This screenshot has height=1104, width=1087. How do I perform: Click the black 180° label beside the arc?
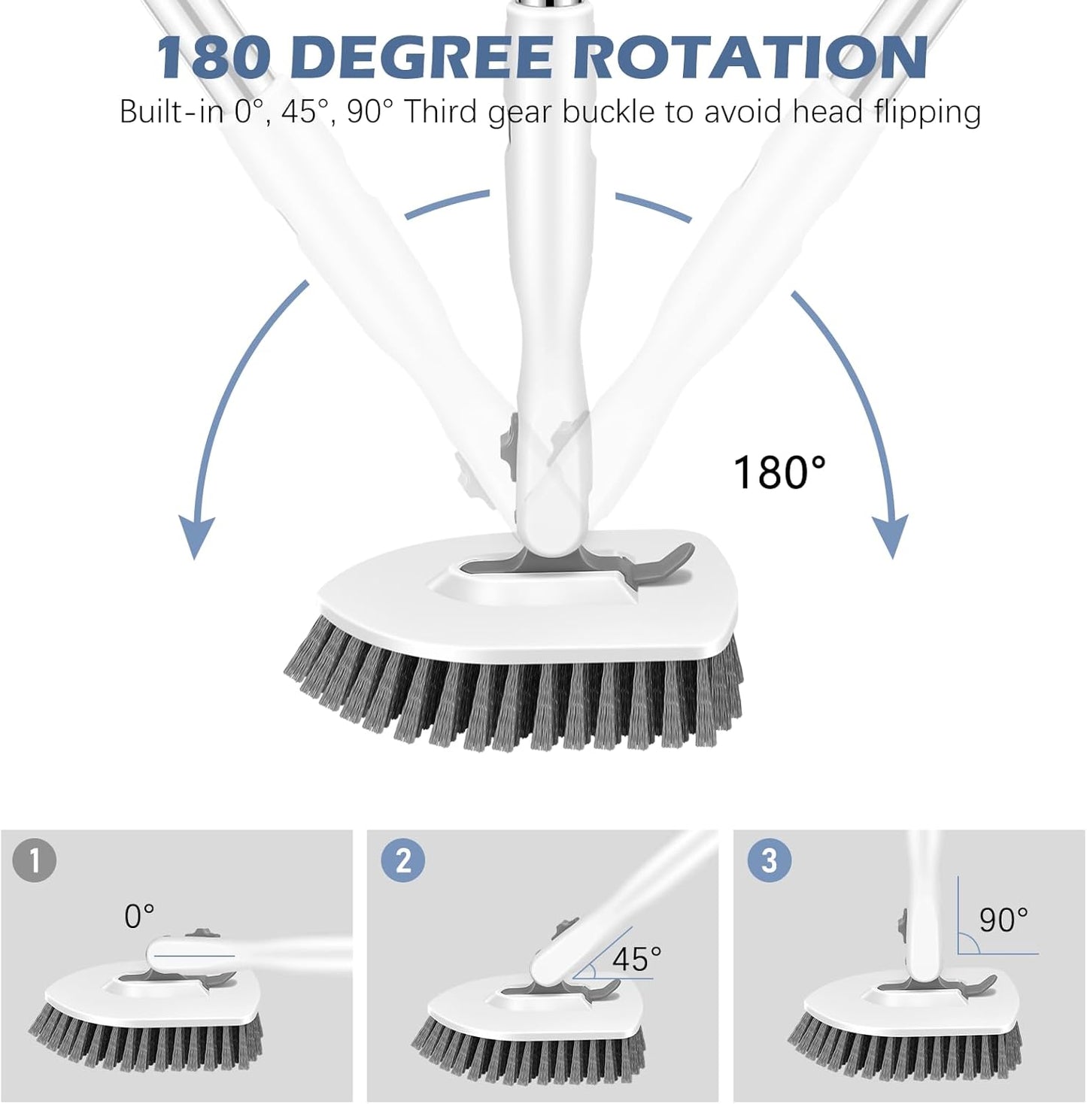click(x=779, y=472)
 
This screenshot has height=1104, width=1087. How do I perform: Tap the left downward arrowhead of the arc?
click(x=195, y=538)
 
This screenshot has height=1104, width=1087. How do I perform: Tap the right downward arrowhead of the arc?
click(x=892, y=538)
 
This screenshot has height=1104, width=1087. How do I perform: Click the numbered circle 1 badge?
click(x=35, y=859)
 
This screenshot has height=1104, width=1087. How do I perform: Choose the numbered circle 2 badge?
click(x=403, y=859)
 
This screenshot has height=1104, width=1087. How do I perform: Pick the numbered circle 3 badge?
click(x=769, y=859)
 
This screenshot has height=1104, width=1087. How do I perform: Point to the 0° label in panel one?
click(x=139, y=916)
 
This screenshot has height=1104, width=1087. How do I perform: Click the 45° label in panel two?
click(x=636, y=959)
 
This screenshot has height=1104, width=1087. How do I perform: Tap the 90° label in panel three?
click(x=1003, y=919)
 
